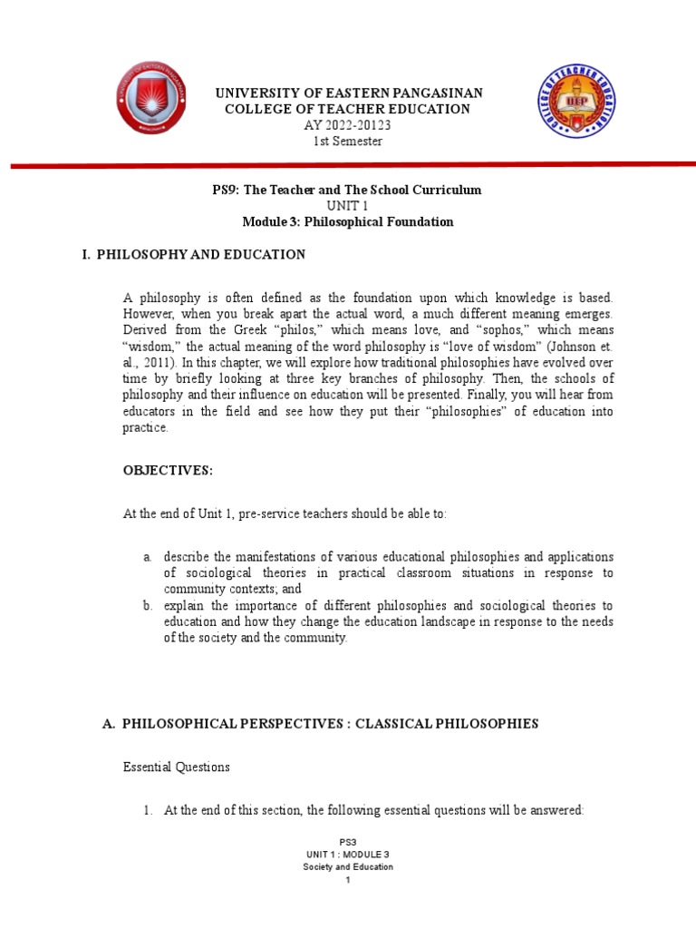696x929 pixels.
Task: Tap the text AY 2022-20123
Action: coord(348,125)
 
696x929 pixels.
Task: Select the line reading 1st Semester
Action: coord(348,141)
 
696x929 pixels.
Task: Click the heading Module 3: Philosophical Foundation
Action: coord(348,222)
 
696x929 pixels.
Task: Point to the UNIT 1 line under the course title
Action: coord(348,206)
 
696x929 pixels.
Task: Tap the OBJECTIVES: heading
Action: coord(168,471)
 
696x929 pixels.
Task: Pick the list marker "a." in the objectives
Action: coord(147,556)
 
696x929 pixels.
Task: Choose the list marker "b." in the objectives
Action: coord(147,605)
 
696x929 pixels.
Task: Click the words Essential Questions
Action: coord(176,767)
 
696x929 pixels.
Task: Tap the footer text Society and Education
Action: coord(348,867)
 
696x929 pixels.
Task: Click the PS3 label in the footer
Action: coord(348,842)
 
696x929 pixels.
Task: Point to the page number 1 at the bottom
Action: coord(348,880)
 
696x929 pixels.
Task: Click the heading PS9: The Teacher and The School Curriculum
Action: coord(348,190)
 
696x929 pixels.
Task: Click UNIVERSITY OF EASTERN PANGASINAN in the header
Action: coord(348,93)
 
